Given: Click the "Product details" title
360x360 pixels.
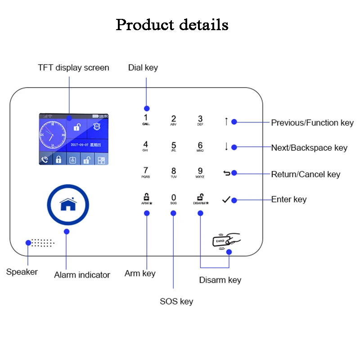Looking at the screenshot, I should click(172, 25).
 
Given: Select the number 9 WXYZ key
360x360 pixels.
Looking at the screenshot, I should click(200, 172).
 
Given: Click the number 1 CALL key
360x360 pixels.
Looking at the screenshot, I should click(146, 119).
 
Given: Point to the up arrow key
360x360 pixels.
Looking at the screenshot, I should click(226, 121).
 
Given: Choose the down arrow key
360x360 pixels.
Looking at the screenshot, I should click(226, 147).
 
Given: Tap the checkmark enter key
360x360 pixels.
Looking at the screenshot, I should click(226, 199).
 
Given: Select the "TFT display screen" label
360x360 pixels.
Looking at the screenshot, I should click(73, 68).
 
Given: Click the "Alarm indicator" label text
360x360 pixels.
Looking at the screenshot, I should click(82, 275).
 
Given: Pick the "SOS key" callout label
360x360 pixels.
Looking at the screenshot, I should click(176, 301).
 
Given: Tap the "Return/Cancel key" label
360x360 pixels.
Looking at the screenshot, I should click(306, 175).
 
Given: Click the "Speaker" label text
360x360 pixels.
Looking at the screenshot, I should click(22, 272).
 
